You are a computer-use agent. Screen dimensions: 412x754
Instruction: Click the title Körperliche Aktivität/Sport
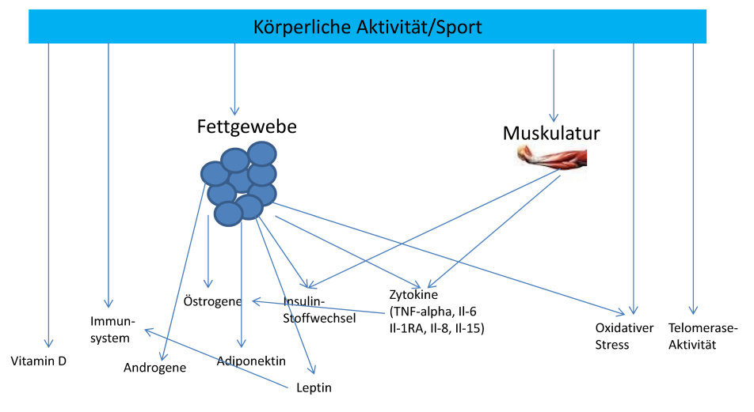pyautogui.click(x=367, y=27)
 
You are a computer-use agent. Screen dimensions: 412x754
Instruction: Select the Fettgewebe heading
pyautogui.click(x=246, y=127)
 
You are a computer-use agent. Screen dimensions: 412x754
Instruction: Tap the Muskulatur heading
pyautogui.click(x=551, y=132)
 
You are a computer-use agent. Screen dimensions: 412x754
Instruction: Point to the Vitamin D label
pyautogui.click(x=38, y=361)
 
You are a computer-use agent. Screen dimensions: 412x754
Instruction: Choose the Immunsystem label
pyautogui.click(x=112, y=330)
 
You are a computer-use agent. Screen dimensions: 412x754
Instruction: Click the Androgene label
pyautogui.click(x=154, y=368)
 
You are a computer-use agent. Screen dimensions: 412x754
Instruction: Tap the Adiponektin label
pyautogui.click(x=251, y=361)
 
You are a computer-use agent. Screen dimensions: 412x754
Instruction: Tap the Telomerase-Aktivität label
pyautogui.click(x=703, y=335)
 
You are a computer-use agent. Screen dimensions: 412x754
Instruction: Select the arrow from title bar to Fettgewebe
pyautogui.click(x=234, y=79)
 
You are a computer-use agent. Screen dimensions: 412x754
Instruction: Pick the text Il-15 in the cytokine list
pyautogui.click(x=470, y=327)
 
